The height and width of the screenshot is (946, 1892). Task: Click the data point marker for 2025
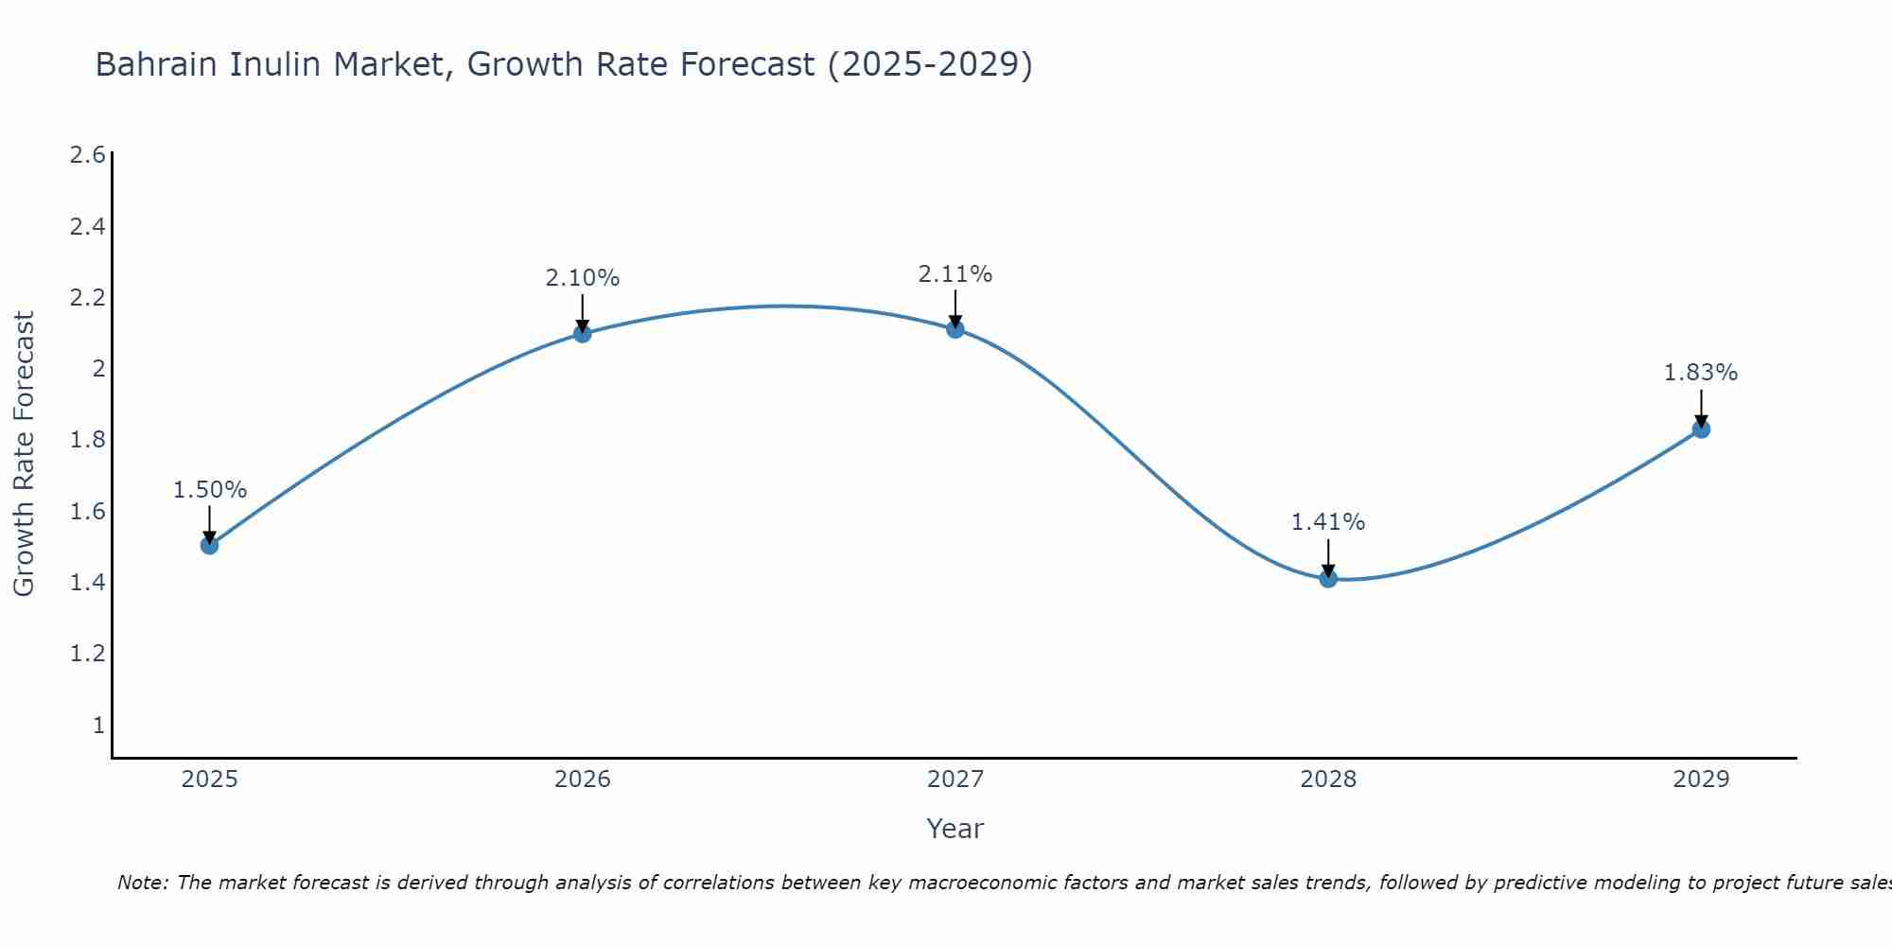(210, 545)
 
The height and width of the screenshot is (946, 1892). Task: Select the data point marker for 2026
(583, 333)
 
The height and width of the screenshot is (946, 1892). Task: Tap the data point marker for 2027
(955, 329)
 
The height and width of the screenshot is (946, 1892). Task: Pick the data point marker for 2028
(1328, 578)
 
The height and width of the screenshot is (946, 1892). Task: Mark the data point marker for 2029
(1701, 429)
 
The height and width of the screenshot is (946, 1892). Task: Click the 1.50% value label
(210, 490)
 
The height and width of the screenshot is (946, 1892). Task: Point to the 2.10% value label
(583, 278)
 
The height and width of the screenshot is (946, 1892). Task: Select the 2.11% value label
(955, 274)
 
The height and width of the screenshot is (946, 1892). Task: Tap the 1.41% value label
(1328, 522)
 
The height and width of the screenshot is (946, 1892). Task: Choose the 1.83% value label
(1701, 373)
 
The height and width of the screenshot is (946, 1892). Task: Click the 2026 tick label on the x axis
(583, 780)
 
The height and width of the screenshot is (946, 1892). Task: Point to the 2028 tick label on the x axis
(1328, 780)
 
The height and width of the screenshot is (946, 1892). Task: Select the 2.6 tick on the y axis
(88, 155)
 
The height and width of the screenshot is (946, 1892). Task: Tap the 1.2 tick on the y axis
(88, 654)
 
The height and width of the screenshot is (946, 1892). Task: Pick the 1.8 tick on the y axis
(88, 440)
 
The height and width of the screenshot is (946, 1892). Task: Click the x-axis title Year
(955, 829)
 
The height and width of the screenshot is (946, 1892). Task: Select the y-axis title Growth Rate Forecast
(24, 454)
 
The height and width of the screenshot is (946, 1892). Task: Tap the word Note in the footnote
(142, 883)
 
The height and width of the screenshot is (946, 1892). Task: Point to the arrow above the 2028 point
(1328, 556)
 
